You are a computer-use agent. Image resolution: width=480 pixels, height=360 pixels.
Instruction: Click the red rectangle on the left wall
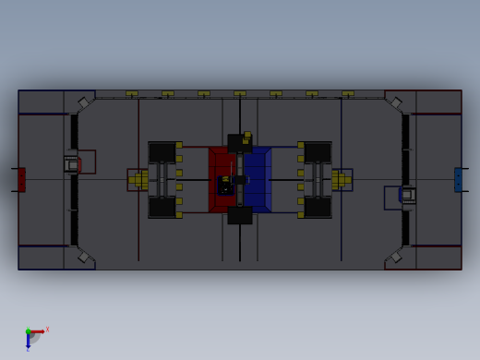(21, 179)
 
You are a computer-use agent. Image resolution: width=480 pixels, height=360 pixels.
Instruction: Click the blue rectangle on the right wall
(458, 179)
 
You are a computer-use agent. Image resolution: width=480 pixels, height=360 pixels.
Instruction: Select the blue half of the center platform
(258, 180)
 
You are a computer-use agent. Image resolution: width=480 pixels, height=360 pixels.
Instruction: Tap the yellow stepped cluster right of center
(342, 180)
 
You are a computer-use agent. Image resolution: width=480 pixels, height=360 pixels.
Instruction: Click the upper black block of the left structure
(162, 152)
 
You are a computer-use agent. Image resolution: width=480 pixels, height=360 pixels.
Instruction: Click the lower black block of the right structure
(318, 207)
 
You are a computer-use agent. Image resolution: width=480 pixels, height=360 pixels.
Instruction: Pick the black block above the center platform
(240, 143)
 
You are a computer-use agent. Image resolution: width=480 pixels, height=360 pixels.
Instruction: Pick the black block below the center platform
(240, 216)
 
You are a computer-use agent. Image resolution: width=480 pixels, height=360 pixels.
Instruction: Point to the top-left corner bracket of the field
(83, 102)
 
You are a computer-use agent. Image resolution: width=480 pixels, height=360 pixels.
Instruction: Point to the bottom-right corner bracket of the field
(396, 257)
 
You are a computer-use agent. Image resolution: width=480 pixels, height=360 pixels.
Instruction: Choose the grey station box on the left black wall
(71, 164)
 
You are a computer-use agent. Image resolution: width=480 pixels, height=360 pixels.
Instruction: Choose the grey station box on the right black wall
(407, 195)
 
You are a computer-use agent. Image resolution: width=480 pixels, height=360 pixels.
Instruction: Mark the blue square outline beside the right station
(392, 198)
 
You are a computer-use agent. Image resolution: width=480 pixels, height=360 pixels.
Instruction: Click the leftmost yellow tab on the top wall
(132, 93)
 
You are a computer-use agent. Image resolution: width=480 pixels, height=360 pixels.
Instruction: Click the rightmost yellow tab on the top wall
(348, 93)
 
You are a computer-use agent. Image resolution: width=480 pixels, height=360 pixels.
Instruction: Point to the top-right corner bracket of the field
(396, 102)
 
